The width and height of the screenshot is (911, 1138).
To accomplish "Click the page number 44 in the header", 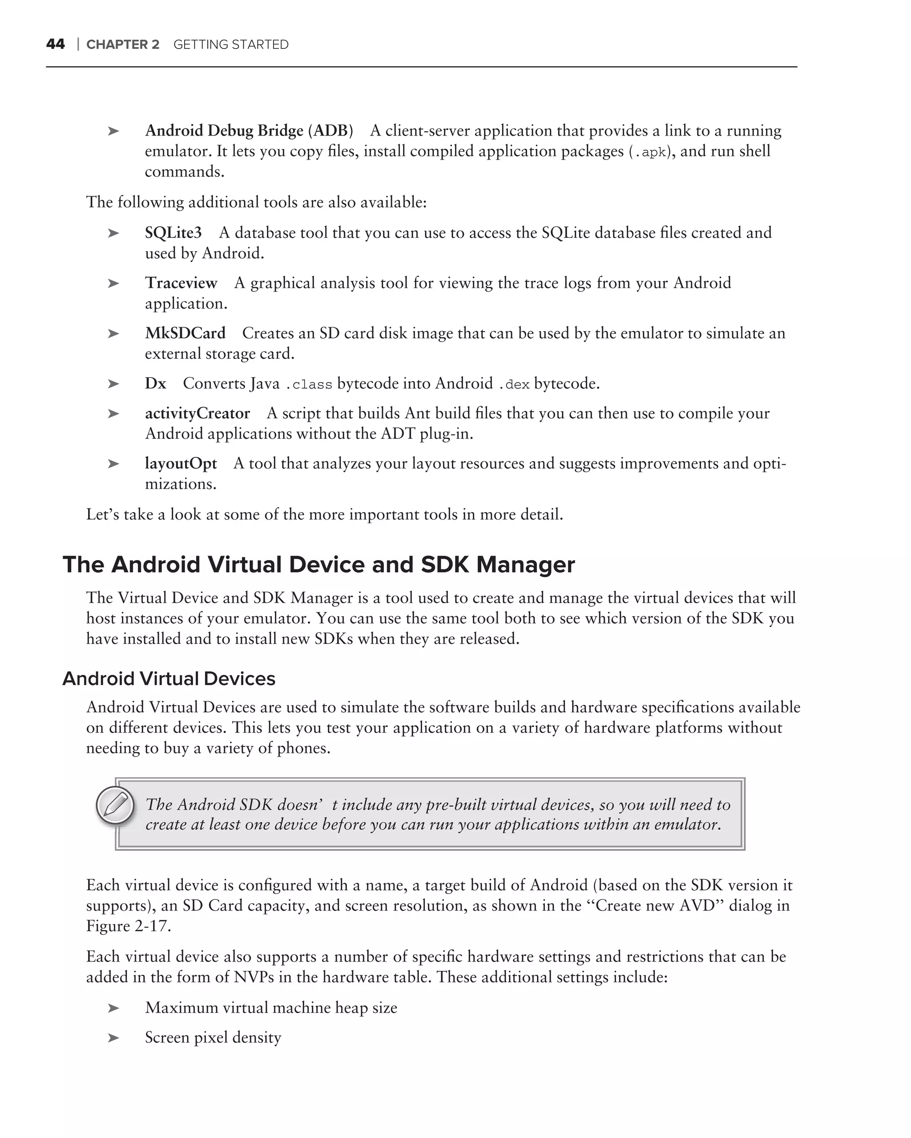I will click(x=56, y=44).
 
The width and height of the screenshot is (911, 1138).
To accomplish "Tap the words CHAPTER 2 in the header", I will click(x=122, y=45).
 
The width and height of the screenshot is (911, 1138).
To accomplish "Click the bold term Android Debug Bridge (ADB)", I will click(x=249, y=130).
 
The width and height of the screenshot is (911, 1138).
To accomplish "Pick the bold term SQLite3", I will click(x=173, y=233).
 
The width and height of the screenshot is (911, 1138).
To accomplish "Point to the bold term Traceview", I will click(x=181, y=283).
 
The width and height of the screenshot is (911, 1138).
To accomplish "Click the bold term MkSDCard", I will click(x=185, y=333).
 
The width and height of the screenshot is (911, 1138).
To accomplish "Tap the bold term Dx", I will click(x=155, y=383).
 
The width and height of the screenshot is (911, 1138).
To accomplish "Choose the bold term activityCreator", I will click(x=198, y=413).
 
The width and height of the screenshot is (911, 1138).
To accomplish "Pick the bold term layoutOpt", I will click(x=181, y=464).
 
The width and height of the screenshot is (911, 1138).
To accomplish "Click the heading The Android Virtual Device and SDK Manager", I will click(x=318, y=564).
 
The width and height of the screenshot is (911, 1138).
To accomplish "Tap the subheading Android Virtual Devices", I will click(x=169, y=679).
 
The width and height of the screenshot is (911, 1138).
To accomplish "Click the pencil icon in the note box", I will click(x=115, y=805).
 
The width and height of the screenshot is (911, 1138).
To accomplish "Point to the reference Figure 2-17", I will click(x=129, y=926).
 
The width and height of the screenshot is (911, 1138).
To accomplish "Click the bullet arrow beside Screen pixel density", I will click(x=113, y=1038).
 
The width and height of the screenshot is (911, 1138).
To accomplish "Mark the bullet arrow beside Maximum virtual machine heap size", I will click(x=113, y=1008).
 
